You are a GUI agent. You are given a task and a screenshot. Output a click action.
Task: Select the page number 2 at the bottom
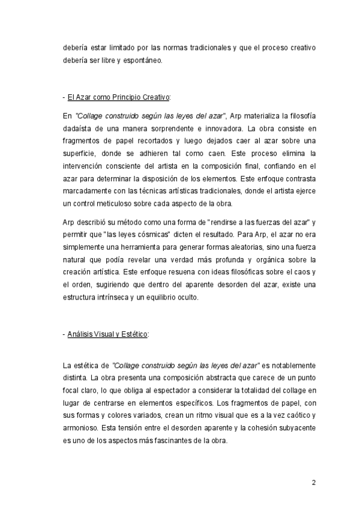(313, 482)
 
